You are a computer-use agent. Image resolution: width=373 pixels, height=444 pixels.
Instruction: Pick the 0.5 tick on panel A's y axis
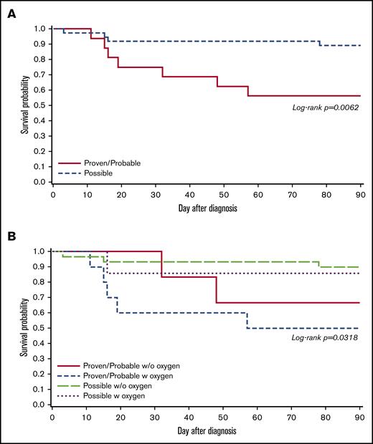click(x=40, y=105)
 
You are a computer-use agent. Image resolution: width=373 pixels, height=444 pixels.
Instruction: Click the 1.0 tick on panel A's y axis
click(x=40, y=29)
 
